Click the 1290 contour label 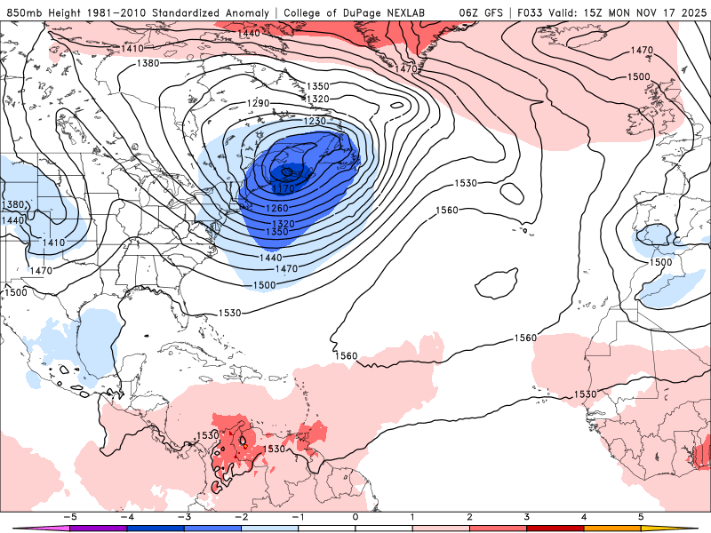click(258, 104)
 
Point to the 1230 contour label click(316, 121)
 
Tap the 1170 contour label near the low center click(284, 188)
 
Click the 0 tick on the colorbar click(355, 516)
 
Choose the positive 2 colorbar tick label click(470, 516)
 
